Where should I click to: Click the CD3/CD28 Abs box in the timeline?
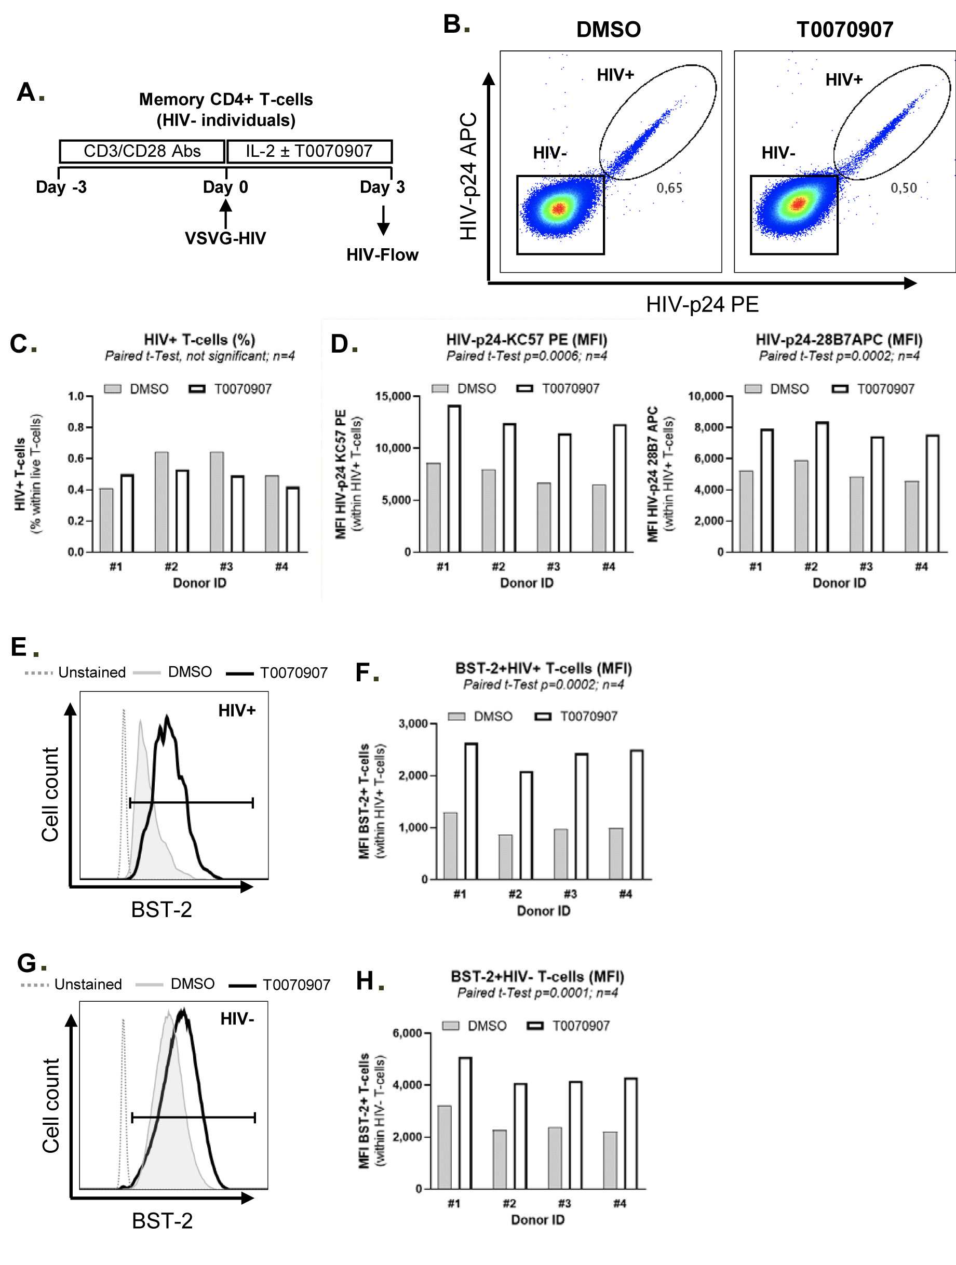tap(142, 152)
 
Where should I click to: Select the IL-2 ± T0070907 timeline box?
tap(309, 152)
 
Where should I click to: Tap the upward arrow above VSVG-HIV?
tap(226, 214)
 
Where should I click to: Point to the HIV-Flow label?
tap(382, 255)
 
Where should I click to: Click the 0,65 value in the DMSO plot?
tap(669, 188)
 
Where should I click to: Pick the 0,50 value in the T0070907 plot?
tap(904, 188)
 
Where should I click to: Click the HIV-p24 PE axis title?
tap(702, 304)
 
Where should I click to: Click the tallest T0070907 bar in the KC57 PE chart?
tap(454, 479)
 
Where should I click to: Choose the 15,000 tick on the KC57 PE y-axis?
tap(394, 396)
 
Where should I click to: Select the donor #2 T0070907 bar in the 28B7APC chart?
tap(822, 487)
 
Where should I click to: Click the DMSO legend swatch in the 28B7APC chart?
tap(753, 389)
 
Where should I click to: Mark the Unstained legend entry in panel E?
tap(91, 672)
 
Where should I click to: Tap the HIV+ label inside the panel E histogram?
tap(237, 710)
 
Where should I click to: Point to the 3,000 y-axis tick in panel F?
tap(413, 724)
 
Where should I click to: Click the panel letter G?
tap(27, 963)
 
